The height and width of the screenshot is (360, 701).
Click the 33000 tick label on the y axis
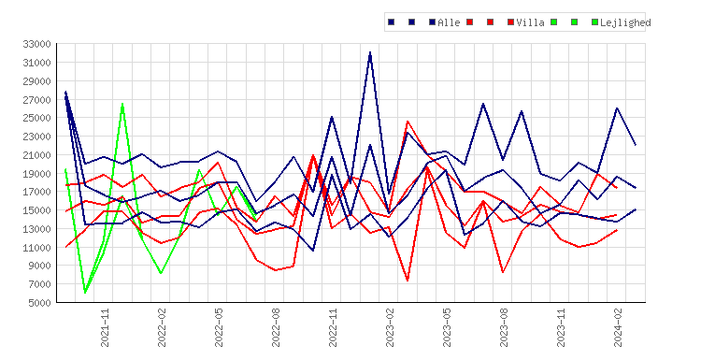(x=36, y=44)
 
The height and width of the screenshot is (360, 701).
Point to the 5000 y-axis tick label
(x=39, y=303)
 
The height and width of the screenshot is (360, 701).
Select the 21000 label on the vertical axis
(x=36, y=154)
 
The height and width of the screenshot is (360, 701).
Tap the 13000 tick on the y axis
(x=36, y=229)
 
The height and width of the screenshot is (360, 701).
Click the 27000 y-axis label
(x=36, y=99)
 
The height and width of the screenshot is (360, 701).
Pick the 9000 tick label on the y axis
(x=39, y=266)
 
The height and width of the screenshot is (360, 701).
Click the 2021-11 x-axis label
(x=105, y=327)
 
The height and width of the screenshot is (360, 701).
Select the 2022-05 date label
(x=219, y=327)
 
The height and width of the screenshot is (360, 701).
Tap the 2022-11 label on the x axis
(x=333, y=327)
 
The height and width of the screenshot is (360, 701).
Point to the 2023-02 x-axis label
(x=390, y=327)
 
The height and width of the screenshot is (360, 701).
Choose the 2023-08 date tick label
(x=504, y=327)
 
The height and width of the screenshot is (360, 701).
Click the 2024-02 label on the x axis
(x=618, y=327)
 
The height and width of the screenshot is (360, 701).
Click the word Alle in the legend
(x=449, y=22)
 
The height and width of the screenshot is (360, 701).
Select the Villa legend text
(x=530, y=22)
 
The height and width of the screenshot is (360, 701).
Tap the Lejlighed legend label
(x=625, y=22)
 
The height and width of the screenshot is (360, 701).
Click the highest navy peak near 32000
(x=370, y=52)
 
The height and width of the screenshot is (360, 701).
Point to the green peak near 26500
(x=122, y=104)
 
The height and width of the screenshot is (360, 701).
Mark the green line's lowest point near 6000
(x=85, y=293)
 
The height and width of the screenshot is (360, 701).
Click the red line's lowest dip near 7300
(x=408, y=281)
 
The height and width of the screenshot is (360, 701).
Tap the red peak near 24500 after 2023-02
(x=408, y=122)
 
